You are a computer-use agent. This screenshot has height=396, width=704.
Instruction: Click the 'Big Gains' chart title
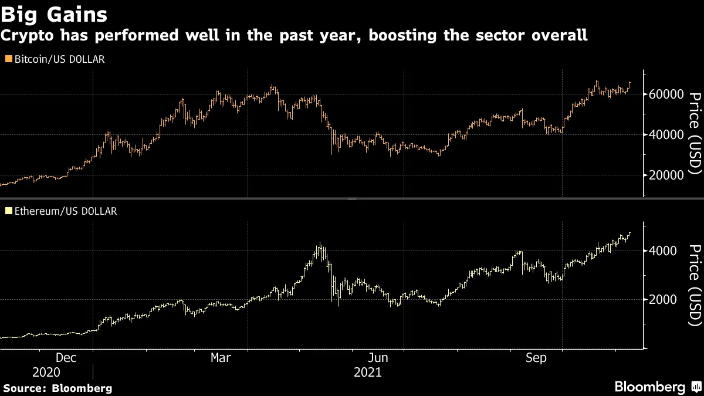click(54, 13)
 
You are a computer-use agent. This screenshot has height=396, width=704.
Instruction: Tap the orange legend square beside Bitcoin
click(8, 59)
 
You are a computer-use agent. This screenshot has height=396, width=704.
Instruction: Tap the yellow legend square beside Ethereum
click(8, 211)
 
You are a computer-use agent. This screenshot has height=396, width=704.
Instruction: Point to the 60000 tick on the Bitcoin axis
click(667, 94)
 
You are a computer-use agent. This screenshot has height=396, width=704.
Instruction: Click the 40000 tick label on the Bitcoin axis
click(667, 135)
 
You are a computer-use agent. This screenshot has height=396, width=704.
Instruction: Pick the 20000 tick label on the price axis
click(667, 175)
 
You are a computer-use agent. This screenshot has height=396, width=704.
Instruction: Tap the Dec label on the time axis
click(65, 357)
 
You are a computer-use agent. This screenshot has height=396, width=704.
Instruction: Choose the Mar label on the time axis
click(221, 357)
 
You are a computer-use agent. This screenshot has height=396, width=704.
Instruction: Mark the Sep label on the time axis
click(536, 357)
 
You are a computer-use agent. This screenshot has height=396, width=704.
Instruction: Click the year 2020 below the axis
click(46, 373)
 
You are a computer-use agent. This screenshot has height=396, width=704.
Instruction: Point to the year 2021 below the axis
click(367, 373)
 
